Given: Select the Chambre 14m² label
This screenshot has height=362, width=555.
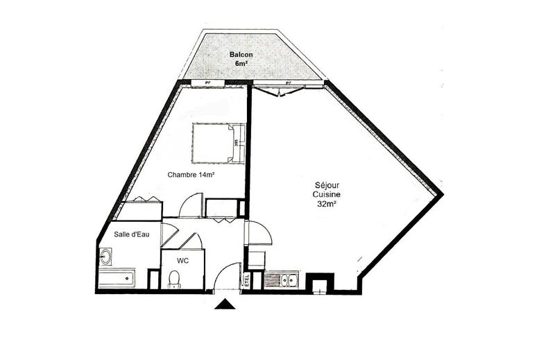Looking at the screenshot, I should click(190, 175).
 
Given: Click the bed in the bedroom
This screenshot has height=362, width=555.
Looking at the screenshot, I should click(219, 144).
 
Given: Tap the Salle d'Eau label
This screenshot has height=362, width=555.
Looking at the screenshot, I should click(132, 234).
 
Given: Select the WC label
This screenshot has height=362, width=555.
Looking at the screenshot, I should click(183, 261).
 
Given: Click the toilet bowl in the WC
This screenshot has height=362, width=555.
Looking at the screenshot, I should click(174, 279).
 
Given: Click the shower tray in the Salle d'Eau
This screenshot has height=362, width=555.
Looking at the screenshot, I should click(117, 279).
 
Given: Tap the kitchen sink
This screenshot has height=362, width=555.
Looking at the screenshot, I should click(281, 280).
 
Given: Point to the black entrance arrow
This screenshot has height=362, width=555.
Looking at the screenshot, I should click(224, 304).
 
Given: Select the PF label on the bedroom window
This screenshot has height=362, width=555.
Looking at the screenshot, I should click(206, 83).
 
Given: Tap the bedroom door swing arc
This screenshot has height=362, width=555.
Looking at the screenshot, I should click(191, 205).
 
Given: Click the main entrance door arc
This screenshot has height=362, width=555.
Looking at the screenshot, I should click(226, 279).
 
